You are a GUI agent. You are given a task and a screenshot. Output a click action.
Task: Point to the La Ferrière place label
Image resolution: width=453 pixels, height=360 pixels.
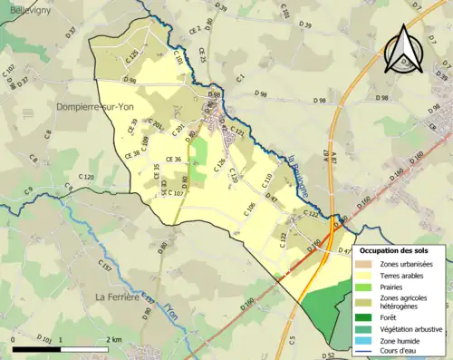tap(118, 297)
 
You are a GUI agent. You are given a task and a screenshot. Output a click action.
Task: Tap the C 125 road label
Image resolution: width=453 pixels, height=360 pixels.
tap(131, 60)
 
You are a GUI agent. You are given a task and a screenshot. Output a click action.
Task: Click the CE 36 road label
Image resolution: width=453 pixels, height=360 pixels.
tap(172, 160)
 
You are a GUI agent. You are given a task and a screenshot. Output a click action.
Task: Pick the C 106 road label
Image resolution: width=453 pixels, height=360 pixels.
tap(250, 209)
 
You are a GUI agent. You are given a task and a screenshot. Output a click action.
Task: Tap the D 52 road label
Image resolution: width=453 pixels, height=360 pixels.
tap(328, 355)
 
